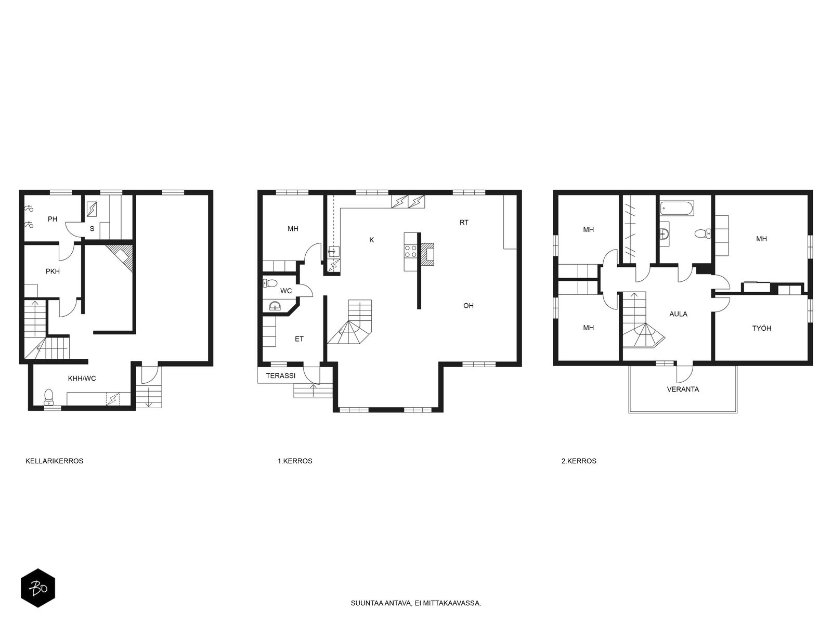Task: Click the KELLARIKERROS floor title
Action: pos(54,461)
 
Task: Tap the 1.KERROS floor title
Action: pos(295,461)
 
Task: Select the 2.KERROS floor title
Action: pos(579,461)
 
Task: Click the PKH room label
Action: pos(53,271)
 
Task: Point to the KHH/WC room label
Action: pos(82,379)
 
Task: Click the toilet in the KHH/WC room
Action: pos(48,396)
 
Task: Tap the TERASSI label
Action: pos(280,376)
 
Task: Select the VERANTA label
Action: pos(683,389)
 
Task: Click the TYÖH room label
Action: pos(762,329)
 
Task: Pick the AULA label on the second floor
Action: pos(679,314)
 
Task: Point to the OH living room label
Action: pos(469,306)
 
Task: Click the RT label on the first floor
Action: pos(464,223)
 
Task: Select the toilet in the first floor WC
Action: pos(270,283)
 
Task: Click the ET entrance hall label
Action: pos(299,339)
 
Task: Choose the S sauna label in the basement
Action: pos(92,229)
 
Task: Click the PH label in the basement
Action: pos(53,219)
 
